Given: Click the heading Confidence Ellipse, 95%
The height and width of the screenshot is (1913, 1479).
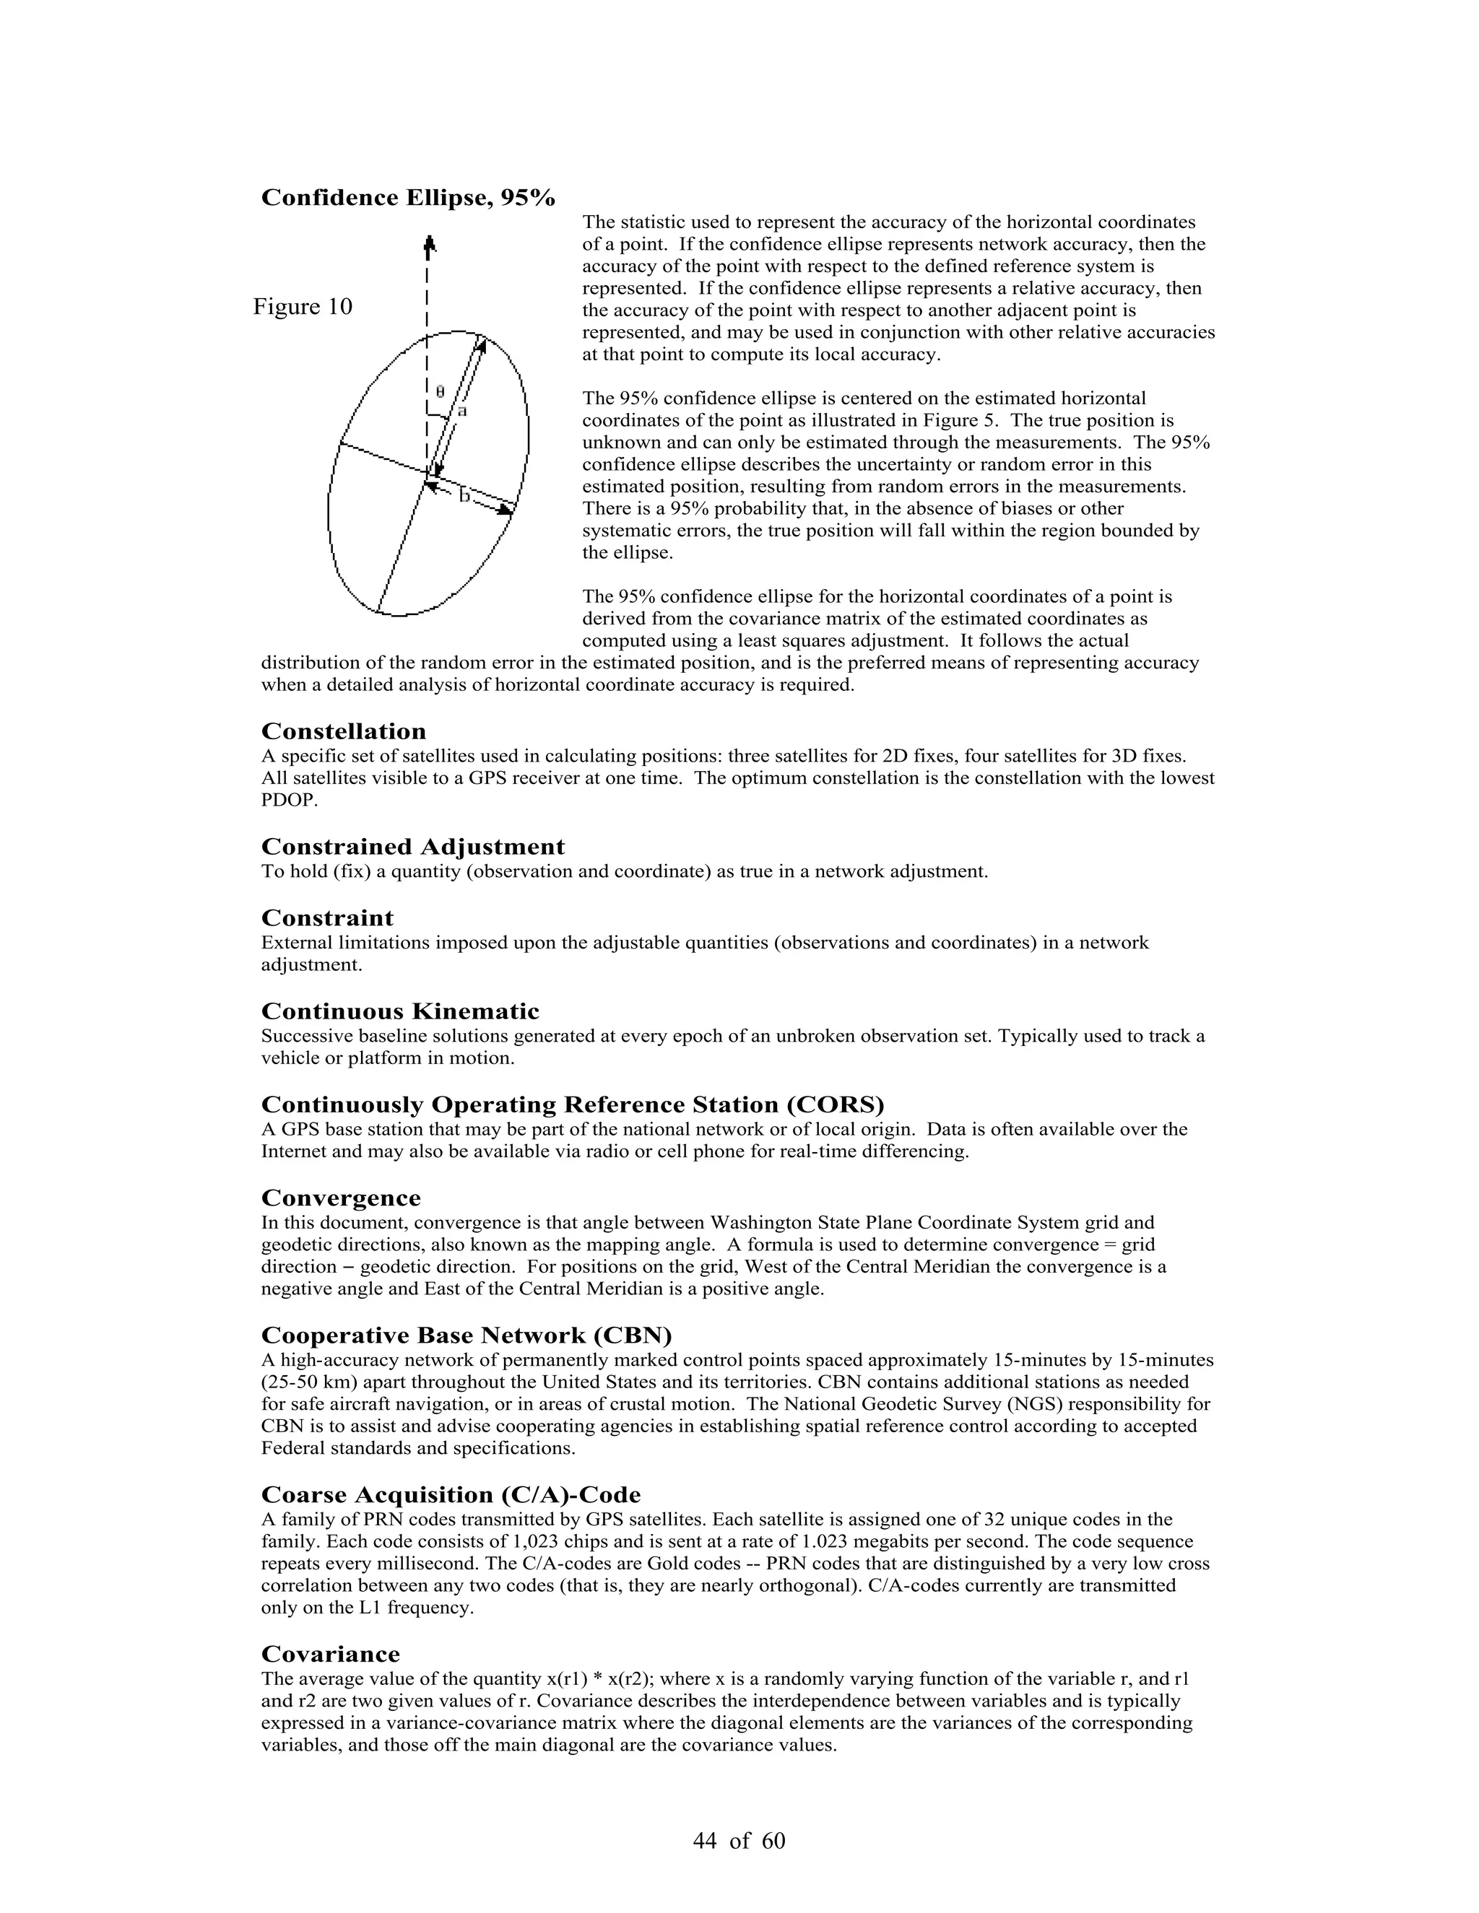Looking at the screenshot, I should pos(407,198).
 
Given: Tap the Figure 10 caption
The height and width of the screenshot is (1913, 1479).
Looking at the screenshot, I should pos(303,307).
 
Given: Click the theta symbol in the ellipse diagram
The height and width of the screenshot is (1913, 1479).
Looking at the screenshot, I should pos(440,391).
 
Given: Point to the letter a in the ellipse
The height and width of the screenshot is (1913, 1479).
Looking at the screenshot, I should pos(461,410).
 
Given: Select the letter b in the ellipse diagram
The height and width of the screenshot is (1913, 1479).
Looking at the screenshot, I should pos(464,496).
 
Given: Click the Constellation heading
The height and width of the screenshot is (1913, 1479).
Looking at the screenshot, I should pos(344,731).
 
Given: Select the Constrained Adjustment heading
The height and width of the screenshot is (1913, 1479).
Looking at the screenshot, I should pos(412,847).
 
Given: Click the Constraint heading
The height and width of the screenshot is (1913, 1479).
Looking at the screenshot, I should pos(327,918).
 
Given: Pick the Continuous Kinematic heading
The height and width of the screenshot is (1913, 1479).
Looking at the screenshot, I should pos(399,1011).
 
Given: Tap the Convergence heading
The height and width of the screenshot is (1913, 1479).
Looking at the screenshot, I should pos(341,1198).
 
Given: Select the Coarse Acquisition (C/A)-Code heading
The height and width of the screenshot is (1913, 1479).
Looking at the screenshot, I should pos(451,1495).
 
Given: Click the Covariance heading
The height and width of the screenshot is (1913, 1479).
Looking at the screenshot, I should pos(330,1655).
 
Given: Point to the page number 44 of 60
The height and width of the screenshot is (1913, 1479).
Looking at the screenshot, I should pos(739,1840).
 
